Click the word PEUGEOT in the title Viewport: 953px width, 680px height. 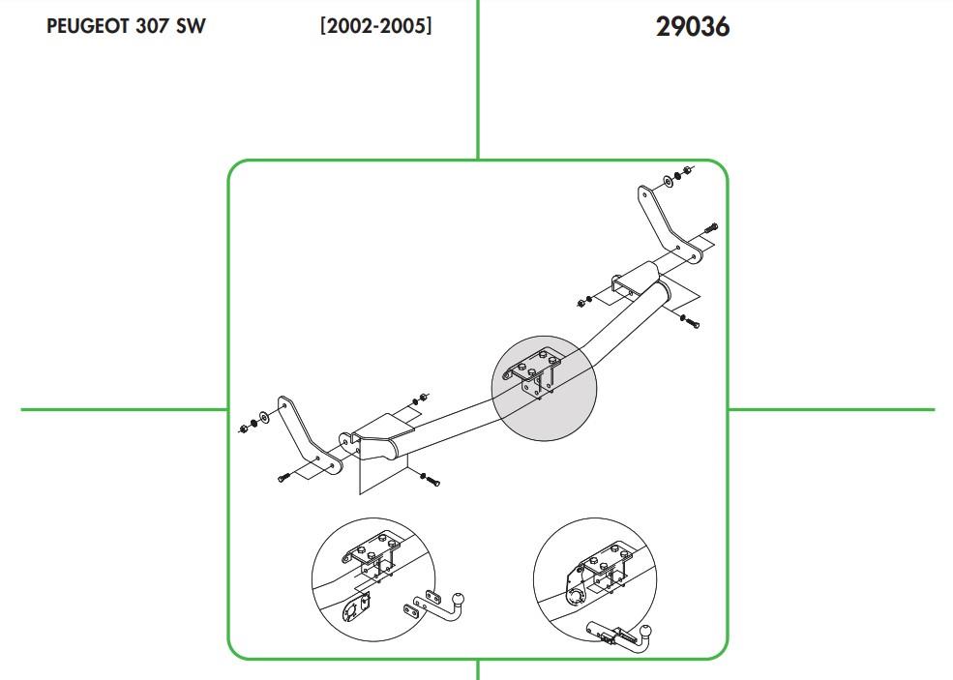click(87, 26)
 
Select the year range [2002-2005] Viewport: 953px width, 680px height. click(376, 26)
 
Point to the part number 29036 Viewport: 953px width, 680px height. click(693, 27)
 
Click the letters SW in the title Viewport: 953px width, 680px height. click(191, 26)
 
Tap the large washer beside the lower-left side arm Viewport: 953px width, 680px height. click(265, 418)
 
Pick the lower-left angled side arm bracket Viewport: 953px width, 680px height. click(308, 436)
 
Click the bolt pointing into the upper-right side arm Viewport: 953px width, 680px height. click(711, 228)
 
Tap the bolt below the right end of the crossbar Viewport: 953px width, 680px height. click(689, 320)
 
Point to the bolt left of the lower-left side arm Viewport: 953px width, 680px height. click(283, 477)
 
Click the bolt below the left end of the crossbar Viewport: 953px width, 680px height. click(430, 480)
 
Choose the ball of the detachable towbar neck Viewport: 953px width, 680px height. click(645, 631)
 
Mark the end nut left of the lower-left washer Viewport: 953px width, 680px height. click(243, 429)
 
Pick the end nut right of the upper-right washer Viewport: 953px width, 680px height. click(687, 169)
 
